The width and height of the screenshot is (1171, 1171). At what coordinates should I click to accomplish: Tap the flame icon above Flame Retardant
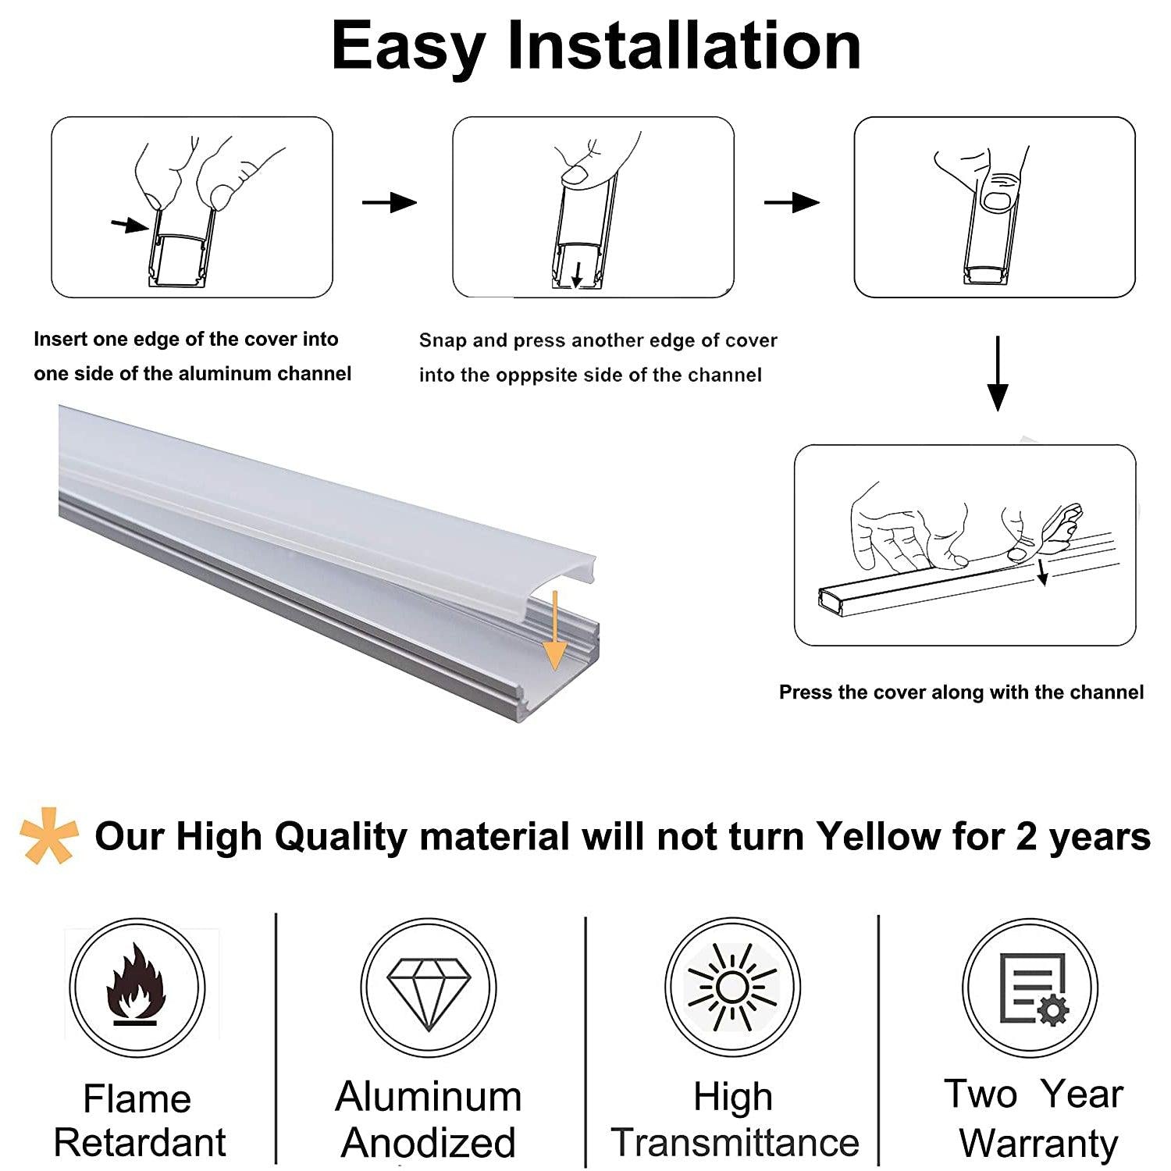click(137, 984)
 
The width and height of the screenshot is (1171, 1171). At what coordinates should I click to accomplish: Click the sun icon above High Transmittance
click(732, 988)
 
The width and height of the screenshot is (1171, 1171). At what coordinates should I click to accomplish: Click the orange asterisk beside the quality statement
click(48, 835)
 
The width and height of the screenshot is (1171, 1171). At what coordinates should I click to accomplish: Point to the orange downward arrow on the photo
click(554, 630)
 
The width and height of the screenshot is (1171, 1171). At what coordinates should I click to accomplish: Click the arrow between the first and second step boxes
click(390, 202)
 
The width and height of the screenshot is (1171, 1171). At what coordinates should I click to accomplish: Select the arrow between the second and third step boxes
click(792, 202)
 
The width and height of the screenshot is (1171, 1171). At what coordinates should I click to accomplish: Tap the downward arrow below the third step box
click(998, 373)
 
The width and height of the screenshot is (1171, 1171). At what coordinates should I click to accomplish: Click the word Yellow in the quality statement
click(878, 836)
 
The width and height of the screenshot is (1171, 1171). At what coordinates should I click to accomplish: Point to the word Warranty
click(1038, 1144)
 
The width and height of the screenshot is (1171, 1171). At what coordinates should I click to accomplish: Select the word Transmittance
click(735, 1142)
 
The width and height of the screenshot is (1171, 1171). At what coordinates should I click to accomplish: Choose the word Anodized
click(429, 1143)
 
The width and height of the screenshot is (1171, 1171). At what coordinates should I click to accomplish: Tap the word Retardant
click(140, 1143)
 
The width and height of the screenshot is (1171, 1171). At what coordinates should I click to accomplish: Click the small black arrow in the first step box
click(130, 226)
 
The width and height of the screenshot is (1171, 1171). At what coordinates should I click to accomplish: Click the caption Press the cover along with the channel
click(961, 692)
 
